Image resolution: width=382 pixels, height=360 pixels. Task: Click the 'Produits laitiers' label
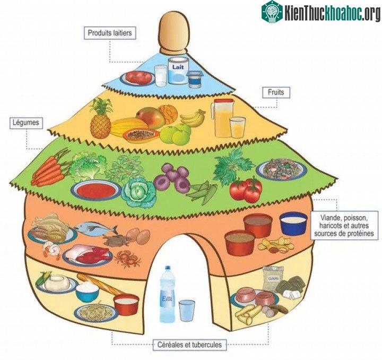110,33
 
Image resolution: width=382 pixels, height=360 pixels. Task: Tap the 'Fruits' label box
276,92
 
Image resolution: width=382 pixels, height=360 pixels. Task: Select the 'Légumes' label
26,123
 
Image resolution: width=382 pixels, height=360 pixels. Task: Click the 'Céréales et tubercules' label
189,345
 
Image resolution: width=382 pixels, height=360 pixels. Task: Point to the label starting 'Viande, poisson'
344,226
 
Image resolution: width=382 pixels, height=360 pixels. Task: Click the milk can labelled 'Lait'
179,71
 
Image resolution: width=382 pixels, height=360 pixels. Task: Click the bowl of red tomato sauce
95,190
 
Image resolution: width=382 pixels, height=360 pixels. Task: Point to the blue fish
95,228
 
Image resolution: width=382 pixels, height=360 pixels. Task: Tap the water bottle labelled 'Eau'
167,294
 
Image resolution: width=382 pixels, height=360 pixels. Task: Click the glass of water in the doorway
187,311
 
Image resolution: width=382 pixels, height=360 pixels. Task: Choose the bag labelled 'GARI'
273,279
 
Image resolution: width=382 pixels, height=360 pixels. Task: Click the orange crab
128,259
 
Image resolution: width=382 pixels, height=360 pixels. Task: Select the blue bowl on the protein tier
293,223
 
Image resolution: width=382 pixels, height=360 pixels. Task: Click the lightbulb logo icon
272,12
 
